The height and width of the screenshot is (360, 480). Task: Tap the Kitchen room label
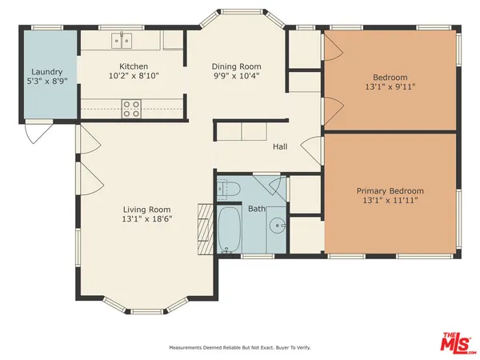click(x=133, y=66)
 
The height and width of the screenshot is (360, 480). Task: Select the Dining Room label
click(x=237, y=66)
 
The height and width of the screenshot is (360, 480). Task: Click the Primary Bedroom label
click(x=390, y=191)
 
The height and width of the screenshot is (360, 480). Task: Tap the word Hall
click(x=280, y=146)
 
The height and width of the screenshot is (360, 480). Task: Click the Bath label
click(x=257, y=209)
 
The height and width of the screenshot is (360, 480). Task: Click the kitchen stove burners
click(x=131, y=107)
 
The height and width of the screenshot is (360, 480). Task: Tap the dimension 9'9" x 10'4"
click(x=237, y=77)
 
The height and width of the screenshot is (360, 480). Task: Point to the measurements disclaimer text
click(x=239, y=348)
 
